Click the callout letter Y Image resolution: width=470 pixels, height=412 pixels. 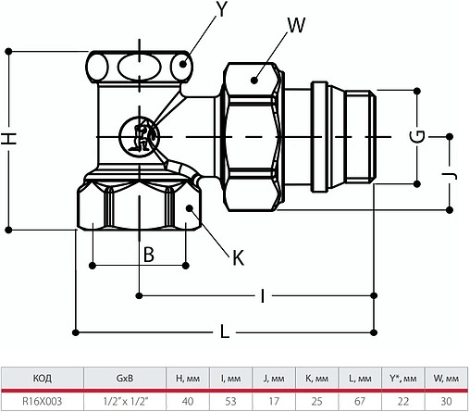pos(221,13)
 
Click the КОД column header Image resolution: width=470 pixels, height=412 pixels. pos(43,380)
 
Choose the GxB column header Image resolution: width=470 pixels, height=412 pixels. pos(123,380)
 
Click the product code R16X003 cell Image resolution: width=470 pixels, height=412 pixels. pos(43,400)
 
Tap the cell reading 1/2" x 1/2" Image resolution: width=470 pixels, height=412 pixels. pos(123,400)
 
